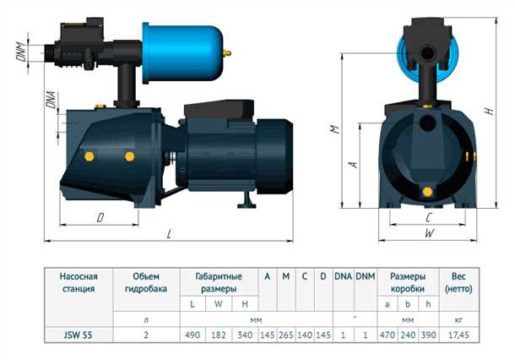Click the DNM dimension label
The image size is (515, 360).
pyautogui.click(x=21, y=52)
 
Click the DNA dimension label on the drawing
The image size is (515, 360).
pyautogui.click(x=51, y=100)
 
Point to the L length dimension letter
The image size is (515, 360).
pyautogui.click(x=169, y=234)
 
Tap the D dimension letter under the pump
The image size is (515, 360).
pyautogui.click(x=100, y=217)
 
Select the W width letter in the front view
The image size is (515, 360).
pyautogui.click(x=429, y=233)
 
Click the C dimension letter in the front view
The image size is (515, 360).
pyautogui.click(x=429, y=218)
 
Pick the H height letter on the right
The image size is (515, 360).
pyautogui.click(x=490, y=111)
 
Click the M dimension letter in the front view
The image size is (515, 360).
pyautogui.click(x=334, y=129)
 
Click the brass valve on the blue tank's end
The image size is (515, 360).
pyautogui.click(x=227, y=52)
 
